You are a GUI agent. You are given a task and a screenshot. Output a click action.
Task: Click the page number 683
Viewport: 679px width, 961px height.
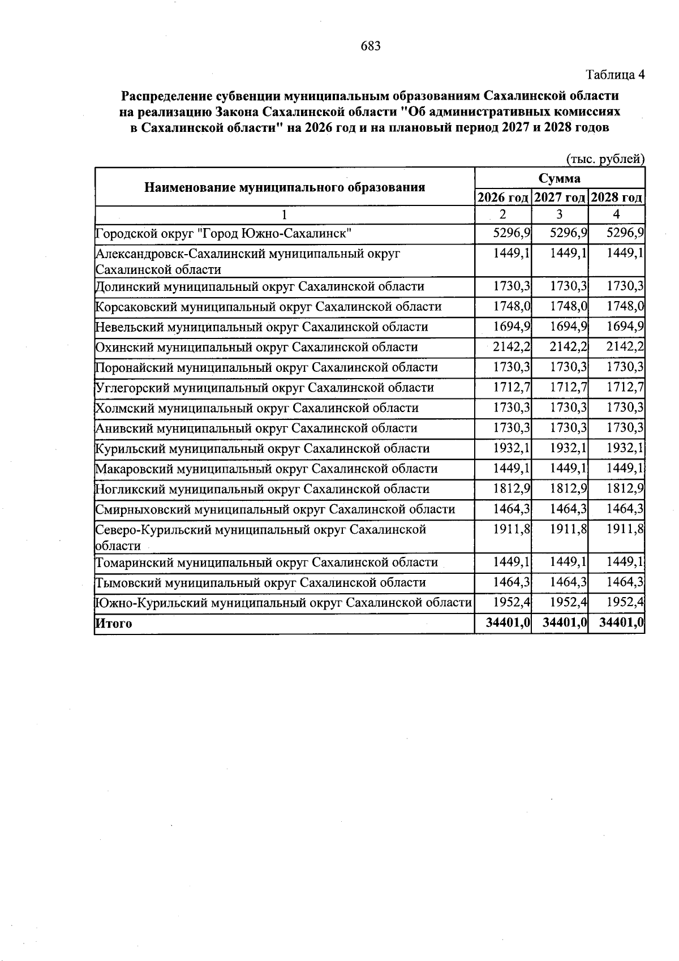371,46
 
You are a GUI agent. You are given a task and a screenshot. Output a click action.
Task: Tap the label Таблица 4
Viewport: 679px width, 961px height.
614,75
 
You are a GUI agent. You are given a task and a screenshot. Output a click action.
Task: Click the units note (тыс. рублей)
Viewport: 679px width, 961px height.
605,160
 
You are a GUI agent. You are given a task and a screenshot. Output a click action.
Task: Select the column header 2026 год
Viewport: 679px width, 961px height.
503,198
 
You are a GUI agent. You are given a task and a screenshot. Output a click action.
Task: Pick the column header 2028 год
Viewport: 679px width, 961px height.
616,198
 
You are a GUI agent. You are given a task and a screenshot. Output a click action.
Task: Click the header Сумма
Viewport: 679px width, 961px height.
559,178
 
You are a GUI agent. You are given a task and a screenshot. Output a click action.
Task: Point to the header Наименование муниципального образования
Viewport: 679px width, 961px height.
285,187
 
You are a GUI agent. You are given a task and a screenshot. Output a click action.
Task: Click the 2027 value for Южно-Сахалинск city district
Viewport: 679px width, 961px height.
569,233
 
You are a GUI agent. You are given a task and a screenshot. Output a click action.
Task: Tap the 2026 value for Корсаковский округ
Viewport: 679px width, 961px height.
512,306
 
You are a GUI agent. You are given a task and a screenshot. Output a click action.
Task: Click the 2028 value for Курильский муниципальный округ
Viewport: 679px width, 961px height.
625,448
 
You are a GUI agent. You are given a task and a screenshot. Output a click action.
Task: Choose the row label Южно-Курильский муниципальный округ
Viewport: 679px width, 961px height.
283,603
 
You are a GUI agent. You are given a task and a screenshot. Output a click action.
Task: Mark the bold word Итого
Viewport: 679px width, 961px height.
113,624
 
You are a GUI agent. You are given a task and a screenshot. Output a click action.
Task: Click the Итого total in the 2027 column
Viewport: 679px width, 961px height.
564,623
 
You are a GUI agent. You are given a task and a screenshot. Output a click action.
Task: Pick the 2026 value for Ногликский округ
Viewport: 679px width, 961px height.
512,488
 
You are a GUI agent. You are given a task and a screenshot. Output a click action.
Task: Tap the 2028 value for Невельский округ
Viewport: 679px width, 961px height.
625,327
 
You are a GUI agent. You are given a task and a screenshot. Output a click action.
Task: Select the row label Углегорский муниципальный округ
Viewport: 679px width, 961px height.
264,388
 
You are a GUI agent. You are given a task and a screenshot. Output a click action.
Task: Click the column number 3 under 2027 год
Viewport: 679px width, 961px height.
559,214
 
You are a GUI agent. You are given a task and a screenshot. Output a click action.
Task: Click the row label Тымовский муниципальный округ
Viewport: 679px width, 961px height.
260,582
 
